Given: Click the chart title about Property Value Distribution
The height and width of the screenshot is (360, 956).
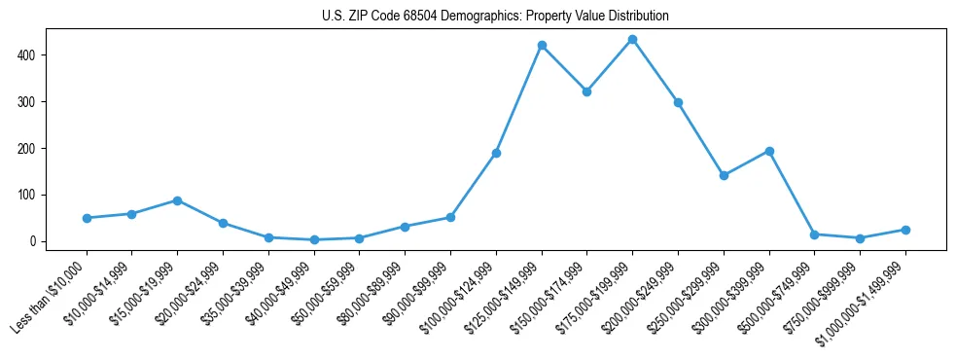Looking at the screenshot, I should pos(495,17).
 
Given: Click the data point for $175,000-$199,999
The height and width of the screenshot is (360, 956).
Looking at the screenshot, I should pos(632,40).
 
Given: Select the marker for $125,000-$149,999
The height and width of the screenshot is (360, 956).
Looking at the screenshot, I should pos(542,46).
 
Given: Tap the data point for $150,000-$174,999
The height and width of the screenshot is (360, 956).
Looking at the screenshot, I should pos(586,91).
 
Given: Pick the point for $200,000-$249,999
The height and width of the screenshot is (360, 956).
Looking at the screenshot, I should pos(678,102).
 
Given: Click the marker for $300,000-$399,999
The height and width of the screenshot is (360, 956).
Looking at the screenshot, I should pos(769,151).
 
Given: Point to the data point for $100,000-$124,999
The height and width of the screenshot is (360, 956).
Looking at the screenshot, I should pos(496,153).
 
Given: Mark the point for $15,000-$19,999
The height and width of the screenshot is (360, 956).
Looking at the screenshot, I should pos(177,200).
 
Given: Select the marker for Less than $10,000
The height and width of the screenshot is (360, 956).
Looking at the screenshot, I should pos(87,218).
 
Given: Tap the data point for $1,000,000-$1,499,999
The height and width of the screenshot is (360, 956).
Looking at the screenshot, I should pos(905,230).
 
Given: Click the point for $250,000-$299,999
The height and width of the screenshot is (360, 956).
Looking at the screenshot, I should pos(724,176).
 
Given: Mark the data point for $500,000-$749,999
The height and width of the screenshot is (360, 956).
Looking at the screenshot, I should pos(815,234).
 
